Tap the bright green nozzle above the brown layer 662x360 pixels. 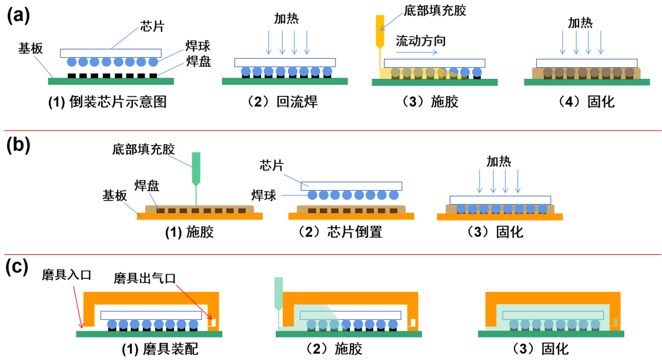(x=196, y=167)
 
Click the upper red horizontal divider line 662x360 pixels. (x=332, y=131)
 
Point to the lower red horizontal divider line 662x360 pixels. (x=332, y=255)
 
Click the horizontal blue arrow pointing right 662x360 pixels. (x=417, y=52)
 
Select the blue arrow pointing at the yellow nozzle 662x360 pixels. (x=392, y=21)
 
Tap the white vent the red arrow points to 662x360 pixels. (x=213, y=322)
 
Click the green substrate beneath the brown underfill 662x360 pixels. (x=587, y=82)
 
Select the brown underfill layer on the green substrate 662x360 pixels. (x=586, y=73)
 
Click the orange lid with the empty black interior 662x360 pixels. (x=151, y=298)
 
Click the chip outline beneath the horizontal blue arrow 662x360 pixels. (x=434, y=63)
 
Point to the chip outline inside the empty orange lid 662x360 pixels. (x=151, y=315)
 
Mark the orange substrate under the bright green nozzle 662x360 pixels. (x=199, y=216)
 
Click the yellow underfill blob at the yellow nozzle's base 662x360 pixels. (x=385, y=74)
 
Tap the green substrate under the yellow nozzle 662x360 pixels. (x=434, y=82)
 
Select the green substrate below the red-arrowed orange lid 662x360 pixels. (x=149, y=334)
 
